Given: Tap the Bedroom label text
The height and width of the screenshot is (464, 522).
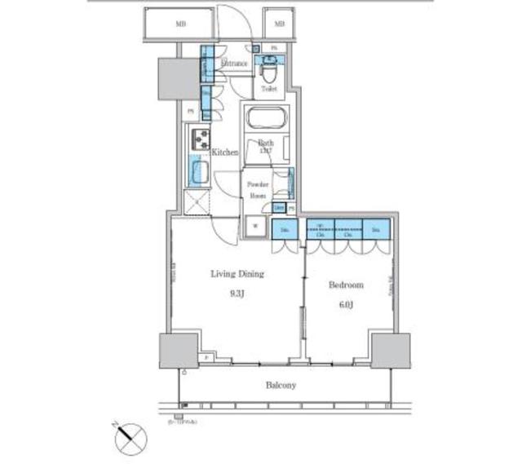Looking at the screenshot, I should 346,285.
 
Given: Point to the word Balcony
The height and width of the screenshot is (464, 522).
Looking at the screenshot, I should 279,385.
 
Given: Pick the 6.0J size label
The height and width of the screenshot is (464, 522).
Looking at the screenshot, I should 345,304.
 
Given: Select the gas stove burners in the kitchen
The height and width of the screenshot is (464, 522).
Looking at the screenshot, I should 201,139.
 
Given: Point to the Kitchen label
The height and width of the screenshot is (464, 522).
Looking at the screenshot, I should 224,152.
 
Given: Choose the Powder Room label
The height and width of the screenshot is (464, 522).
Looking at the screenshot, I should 257,189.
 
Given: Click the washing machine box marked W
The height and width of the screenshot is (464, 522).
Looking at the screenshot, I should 255,227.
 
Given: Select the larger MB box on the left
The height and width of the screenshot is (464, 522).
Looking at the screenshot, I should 179,24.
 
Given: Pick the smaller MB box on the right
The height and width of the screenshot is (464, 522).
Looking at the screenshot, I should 279,24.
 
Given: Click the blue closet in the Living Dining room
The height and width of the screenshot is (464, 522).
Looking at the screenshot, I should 285,231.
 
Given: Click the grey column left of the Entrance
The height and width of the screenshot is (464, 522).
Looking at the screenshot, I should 173,78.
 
